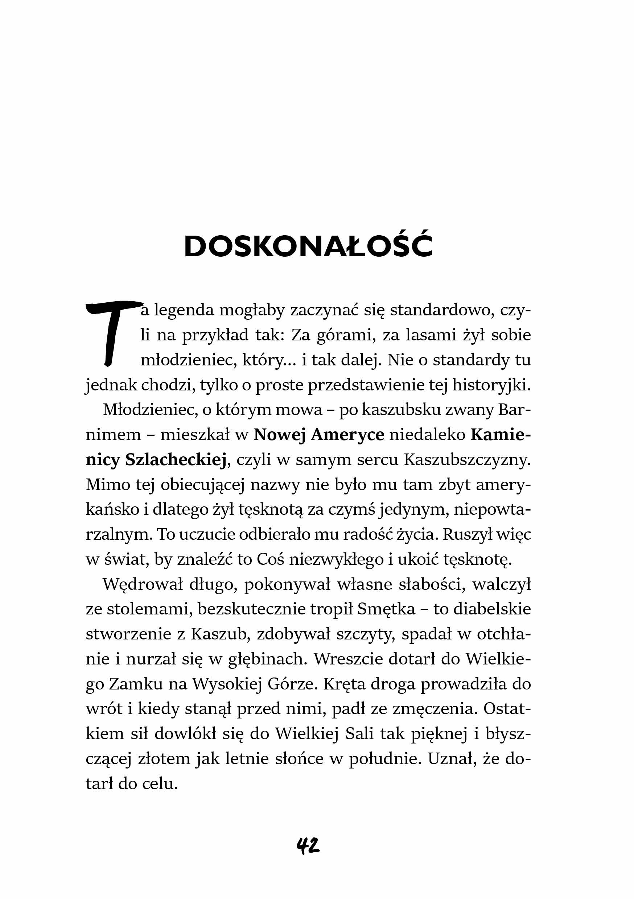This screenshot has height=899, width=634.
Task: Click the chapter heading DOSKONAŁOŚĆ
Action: click(x=308, y=246)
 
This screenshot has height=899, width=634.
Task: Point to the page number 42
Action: click(x=308, y=846)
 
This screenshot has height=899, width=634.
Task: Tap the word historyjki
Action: click(x=491, y=385)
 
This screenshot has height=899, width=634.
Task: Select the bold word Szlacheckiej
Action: click(x=176, y=460)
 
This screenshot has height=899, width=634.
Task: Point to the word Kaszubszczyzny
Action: click(x=467, y=460)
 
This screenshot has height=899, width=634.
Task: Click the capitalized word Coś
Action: click(x=270, y=560)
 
